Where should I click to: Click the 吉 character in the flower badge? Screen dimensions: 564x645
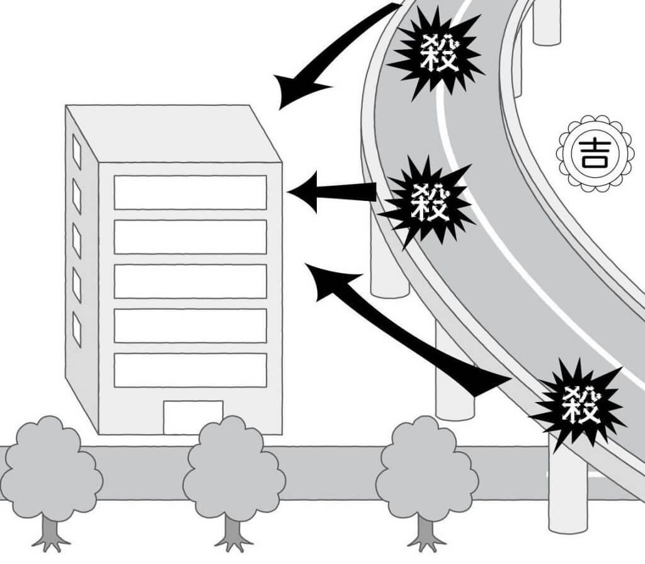click(x=590, y=153)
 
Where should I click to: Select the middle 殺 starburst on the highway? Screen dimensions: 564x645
click(x=430, y=201)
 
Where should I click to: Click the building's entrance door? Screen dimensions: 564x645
click(x=193, y=417)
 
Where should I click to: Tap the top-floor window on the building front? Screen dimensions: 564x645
click(x=190, y=192)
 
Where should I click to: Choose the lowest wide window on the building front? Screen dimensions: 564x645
click(x=190, y=370)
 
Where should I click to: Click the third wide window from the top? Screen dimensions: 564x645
click(x=190, y=281)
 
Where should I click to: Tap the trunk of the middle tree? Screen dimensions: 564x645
click(x=234, y=532)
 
